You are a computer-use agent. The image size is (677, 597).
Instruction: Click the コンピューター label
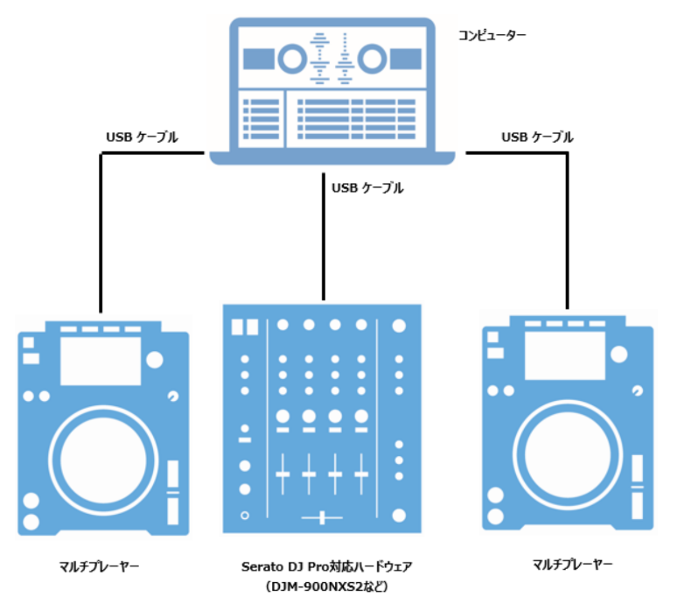coord(492,36)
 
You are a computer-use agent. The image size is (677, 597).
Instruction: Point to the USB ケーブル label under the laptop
coord(367,187)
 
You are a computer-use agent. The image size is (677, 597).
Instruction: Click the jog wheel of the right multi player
coord(567,456)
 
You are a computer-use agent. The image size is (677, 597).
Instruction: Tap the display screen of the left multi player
coord(101,358)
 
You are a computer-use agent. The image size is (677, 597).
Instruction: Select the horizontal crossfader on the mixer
coord(322,517)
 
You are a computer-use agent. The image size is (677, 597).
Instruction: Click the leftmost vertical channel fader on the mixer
coord(283,475)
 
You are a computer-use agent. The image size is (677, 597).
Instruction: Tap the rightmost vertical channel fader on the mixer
coord(361,475)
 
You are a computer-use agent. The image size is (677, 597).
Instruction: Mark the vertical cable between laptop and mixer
coord(324,236)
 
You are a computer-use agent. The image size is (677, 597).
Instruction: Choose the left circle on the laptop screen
coord(290,60)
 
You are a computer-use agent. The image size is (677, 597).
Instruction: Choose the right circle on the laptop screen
coord(372,60)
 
